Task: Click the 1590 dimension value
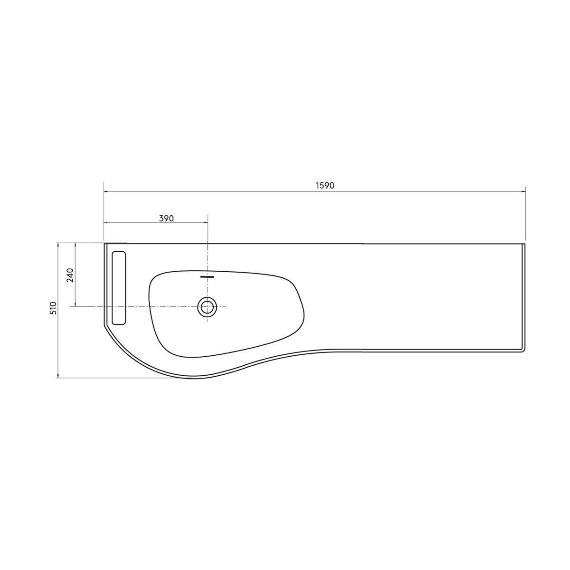[x=325, y=185]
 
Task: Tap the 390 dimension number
[x=166, y=218]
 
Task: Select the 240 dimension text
[x=70, y=275]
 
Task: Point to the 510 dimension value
[x=53, y=308]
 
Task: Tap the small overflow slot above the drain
[x=207, y=277]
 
